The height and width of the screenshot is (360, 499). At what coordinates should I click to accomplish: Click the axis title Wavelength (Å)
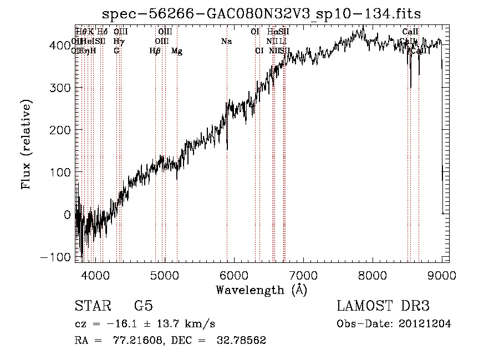pos(261,290)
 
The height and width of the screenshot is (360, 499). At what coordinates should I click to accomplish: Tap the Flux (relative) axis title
pos(26,144)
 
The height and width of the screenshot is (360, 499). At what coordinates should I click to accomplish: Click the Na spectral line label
pos(226,42)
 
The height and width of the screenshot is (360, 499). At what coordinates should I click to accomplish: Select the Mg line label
pos(177,51)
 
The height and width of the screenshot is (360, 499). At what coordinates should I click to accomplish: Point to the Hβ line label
pos(155,51)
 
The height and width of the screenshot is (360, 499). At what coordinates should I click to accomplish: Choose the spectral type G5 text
pos(143,306)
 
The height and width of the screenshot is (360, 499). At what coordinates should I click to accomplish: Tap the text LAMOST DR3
pos(383,306)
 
